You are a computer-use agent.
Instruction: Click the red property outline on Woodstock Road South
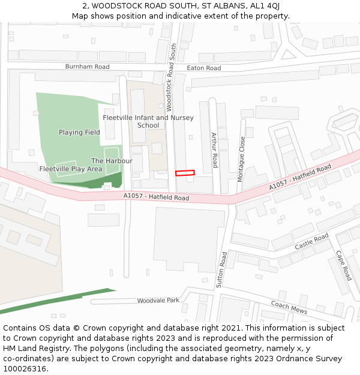click(185, 173)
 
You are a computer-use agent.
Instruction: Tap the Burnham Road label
click(88, 67)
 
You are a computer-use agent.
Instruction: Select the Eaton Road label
click(204, 68)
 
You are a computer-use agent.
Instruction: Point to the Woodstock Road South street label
click(171, 77)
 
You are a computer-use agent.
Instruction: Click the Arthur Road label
click(214, 150)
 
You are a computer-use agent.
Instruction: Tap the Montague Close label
click(241, 159)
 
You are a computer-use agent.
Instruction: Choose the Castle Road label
click(311, 242)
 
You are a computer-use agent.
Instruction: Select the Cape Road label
click(343, 265)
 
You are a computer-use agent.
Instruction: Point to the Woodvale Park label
click(158, 301)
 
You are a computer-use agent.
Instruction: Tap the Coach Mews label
click(289, 308)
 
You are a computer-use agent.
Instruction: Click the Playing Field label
click(79, 132)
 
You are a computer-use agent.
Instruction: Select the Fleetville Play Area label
click(71, 169)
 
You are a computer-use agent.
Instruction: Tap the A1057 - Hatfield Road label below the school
click(156, 197)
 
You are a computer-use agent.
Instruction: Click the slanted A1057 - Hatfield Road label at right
click(300, 178)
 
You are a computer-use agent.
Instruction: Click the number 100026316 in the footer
click(25, 369)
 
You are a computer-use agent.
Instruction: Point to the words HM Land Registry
click(35, 349)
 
